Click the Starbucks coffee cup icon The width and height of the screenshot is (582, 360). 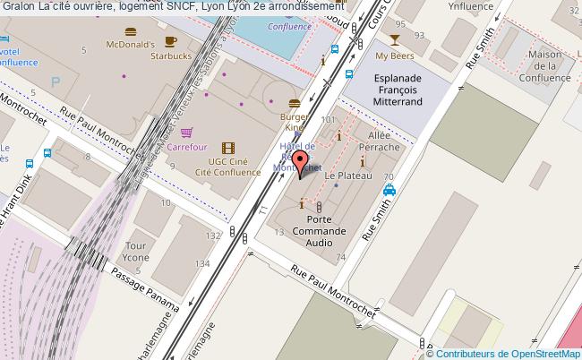[171, 41]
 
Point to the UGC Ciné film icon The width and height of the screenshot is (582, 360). [227, 148]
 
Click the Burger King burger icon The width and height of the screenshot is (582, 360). [294, 102]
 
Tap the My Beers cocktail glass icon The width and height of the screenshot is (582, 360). [394, 40]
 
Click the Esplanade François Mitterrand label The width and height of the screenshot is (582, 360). [398, 90]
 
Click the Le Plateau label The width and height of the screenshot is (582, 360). [340, 176]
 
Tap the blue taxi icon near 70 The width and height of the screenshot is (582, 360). [389, 191]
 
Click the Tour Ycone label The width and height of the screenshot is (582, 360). [136, 252]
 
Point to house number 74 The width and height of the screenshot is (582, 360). [340, 258]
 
